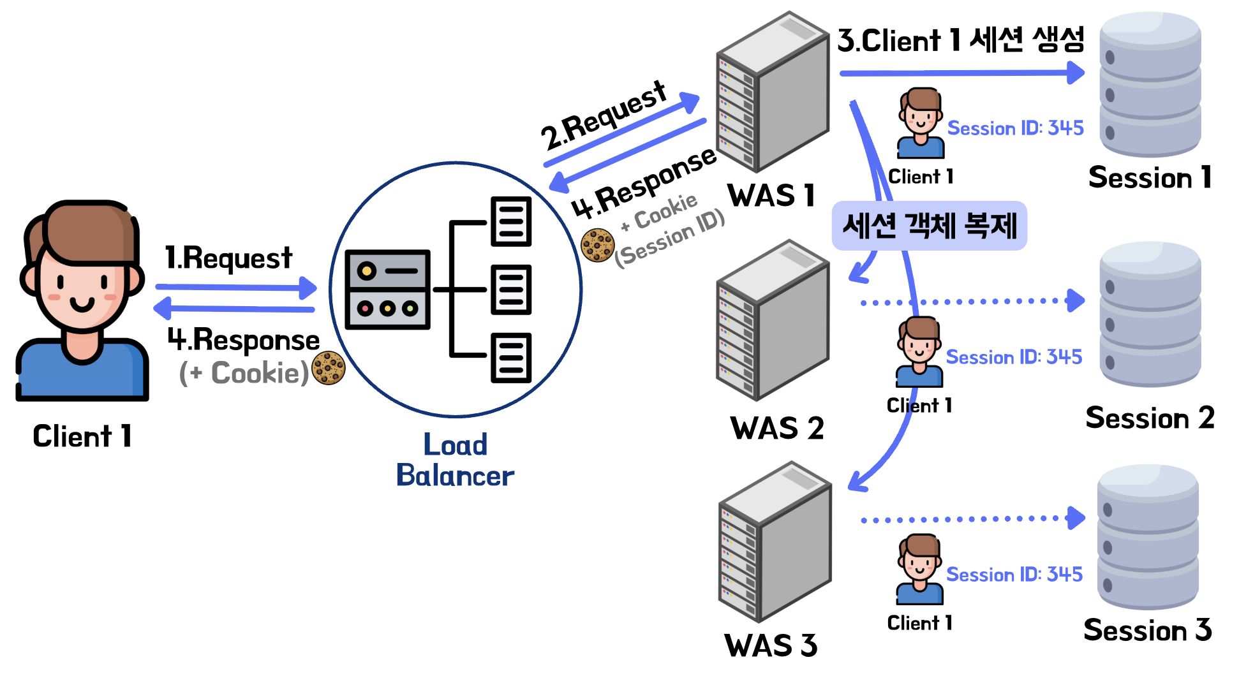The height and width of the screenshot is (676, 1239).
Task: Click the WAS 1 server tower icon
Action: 773,92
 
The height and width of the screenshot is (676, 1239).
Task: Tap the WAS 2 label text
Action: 776,428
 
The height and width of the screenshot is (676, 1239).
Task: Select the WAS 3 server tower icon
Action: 775,542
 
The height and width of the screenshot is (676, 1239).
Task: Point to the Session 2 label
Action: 1150,418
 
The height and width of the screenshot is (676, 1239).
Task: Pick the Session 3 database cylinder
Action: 1148,537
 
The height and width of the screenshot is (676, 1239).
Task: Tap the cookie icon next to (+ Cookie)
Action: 328,368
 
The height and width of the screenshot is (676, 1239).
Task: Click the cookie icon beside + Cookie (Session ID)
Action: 597,246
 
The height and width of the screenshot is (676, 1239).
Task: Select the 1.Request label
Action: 228,258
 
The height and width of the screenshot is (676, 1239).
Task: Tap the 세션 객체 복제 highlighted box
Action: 929,226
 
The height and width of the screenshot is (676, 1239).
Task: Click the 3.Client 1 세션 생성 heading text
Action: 960,40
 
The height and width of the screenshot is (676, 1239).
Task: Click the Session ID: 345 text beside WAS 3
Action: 1014,575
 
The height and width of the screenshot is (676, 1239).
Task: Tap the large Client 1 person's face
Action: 82,287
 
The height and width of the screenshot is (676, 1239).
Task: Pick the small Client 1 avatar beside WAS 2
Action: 919,352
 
